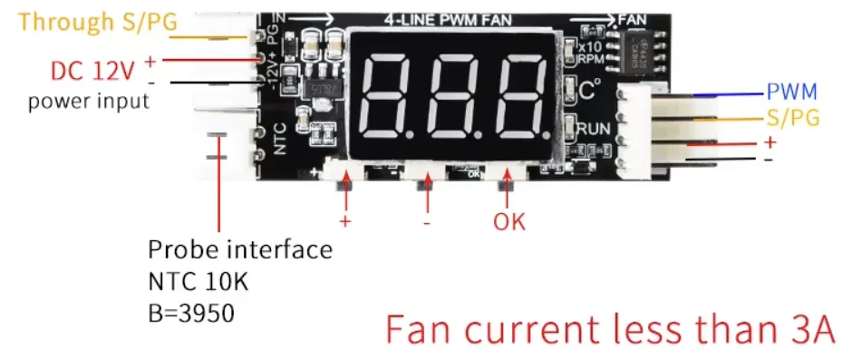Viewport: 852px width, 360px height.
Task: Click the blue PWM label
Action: [792, 92]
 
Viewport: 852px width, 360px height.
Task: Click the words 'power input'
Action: [88, 101]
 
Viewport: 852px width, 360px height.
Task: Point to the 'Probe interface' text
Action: [239, 249]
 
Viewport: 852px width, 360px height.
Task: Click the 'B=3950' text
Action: [191, 314]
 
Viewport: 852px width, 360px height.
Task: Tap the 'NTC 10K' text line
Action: [198, 282]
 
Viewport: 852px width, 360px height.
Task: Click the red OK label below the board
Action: [508, 220]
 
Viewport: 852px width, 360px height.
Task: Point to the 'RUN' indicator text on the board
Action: [593, 128]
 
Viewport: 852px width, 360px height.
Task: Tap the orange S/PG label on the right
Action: [794, 118]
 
